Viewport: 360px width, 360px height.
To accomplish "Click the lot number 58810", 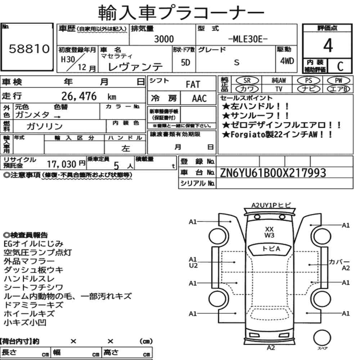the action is pos(29,49).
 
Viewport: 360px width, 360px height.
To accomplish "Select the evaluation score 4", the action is pos(328,45).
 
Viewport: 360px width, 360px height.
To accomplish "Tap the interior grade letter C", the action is pos(340,66).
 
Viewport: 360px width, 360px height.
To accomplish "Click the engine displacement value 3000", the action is pos(164,39).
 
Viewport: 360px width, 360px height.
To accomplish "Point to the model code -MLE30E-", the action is pos(248,39).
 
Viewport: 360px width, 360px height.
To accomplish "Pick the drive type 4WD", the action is pos(287,61).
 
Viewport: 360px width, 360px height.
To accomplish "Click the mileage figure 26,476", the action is pos(79,96).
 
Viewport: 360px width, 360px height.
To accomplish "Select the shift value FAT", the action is pos(193,85).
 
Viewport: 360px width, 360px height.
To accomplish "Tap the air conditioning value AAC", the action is pos(199,99).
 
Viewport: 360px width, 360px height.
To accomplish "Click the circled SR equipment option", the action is pos(247,81).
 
